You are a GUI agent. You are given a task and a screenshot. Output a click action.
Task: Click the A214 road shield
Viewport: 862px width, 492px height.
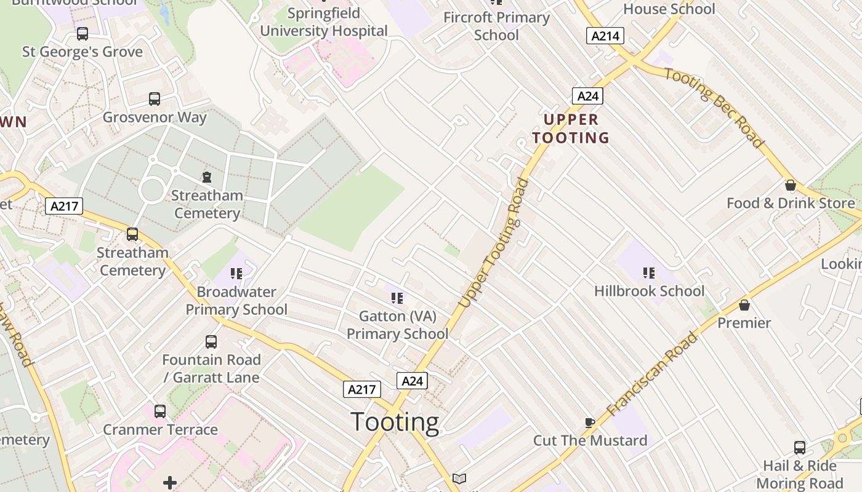[605, 36]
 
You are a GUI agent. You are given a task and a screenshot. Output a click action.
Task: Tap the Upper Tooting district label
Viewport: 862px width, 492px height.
[571, 129]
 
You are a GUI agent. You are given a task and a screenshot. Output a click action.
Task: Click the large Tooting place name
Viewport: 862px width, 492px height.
[395, 423]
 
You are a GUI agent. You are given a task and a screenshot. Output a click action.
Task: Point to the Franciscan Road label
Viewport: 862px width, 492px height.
[653, 374]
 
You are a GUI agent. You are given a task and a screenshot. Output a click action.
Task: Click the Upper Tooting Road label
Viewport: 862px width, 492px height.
[494, 243]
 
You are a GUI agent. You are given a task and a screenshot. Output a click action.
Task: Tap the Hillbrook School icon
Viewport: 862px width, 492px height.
[648, 272]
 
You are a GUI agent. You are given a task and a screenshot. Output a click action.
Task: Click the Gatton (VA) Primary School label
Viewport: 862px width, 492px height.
[397, 325]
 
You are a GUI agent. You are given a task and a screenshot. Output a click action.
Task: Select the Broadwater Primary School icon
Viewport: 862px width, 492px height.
[236, 273]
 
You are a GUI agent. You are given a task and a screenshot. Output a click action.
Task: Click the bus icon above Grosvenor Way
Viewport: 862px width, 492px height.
[155, 98]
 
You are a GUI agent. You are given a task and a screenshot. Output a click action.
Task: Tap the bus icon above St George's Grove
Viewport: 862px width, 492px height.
[83, 33]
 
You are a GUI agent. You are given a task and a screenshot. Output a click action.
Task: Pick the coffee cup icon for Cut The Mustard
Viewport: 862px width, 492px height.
[589, 423]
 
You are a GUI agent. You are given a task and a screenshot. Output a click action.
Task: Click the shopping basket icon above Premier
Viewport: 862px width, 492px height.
[744, 305]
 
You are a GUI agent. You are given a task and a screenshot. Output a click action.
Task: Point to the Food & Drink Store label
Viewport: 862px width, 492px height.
[791, 203]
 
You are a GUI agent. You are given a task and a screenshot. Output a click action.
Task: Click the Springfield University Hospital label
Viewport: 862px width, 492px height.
[324, 22]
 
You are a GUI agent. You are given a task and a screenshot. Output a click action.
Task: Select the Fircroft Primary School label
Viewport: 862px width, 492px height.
[496, 26]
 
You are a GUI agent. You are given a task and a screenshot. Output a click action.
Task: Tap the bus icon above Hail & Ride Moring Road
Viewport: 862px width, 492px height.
[799, 448]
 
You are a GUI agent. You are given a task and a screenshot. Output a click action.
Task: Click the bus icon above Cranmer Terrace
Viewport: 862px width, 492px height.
[160, 411]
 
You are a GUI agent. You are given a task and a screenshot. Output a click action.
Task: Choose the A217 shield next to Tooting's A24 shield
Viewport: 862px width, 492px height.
[361, 389]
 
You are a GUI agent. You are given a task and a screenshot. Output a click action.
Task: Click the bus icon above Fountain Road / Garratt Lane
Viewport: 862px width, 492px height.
[211, 342]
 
